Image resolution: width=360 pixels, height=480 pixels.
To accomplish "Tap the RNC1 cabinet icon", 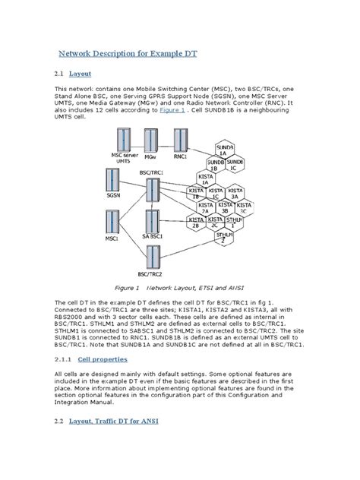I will pyautogui.click(x=180, y=141).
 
